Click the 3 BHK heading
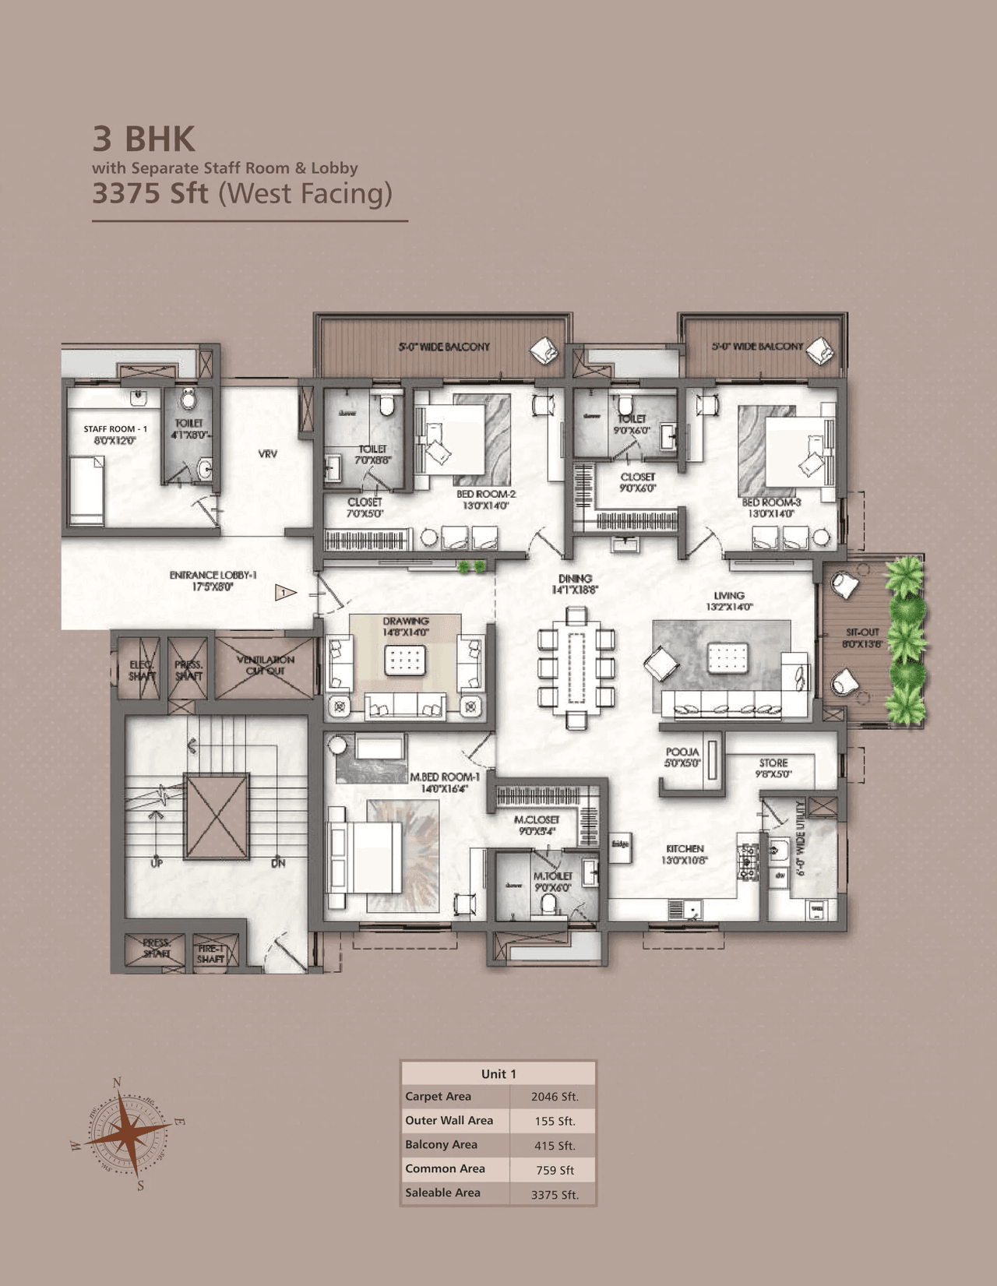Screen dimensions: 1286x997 (144, 139)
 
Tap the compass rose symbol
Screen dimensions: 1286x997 (128, 1133)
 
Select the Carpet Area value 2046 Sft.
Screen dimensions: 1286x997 (554, 1097)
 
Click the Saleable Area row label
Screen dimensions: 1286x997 (442, 1193)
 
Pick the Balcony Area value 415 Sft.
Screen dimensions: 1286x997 (554, 1145)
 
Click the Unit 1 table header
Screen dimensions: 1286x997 (498, 1073)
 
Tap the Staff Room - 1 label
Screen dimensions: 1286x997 (115, 434)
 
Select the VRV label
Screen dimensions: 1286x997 (267, 453)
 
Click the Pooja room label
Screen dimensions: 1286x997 (682, 757)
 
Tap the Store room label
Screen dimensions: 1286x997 (773, 768)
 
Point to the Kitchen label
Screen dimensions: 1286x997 (684, 854)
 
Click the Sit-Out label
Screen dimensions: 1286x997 (861, 637)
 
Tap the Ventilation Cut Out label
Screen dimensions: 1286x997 (265, 664)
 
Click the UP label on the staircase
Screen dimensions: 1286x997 (157, 863)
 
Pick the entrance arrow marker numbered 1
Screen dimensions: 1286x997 (284, 594)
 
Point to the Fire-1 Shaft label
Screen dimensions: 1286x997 (210, 953)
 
